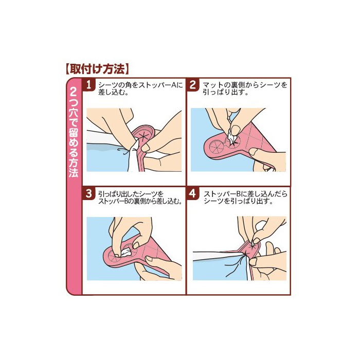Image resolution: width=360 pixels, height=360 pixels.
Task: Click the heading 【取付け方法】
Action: [x=97, y=69]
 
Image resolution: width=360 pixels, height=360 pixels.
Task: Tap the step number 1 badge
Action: [x=88, y=85]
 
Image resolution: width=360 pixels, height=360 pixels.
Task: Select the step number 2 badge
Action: [x=193, y=85]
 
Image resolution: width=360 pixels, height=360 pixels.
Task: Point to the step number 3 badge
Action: [x=88, y=194]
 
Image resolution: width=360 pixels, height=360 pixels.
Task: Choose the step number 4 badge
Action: [x=193, y=194]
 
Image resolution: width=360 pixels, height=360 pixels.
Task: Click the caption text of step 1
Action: [x=140, y=88]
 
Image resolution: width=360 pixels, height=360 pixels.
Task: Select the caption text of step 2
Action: [x=245, y=88]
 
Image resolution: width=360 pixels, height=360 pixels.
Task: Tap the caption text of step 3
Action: [x=140, y=197]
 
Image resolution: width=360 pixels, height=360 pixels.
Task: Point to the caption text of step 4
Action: [x=245, y=197]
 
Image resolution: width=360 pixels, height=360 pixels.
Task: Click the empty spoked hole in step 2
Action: [x=217, y=147]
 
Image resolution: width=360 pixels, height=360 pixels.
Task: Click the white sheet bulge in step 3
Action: [x=125, y=252]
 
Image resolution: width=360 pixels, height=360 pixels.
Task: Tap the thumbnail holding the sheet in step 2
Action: [x=235, y=131]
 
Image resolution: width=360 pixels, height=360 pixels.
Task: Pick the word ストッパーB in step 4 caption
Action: [x=222, y=194]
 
